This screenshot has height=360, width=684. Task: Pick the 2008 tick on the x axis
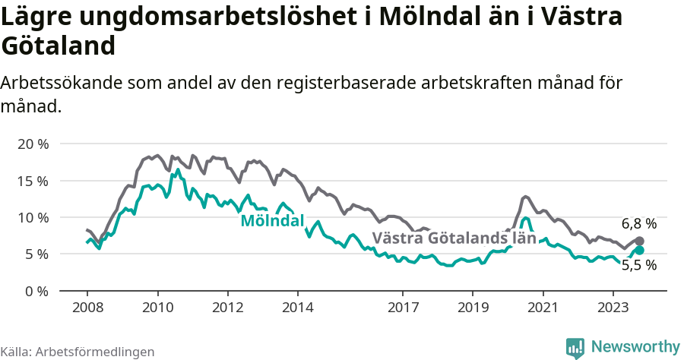point(87,308)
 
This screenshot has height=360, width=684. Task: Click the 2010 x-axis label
point(157,308)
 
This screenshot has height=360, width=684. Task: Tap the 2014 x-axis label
point(297,308)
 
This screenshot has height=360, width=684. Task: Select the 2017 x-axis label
point(403,308)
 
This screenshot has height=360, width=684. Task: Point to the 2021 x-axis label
point(543,308)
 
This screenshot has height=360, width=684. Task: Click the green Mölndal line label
point(272,221)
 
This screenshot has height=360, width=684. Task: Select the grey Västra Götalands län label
point(454,238)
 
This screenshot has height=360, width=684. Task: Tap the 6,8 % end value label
point(638,224)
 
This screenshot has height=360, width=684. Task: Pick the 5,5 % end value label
point(638,266)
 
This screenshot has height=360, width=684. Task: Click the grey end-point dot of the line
point(639,241)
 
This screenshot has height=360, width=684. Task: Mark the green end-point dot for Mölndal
point(639,250)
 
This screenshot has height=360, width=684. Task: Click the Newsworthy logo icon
point(575,347)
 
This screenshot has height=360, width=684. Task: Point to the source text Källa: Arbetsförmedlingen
point(78,352)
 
